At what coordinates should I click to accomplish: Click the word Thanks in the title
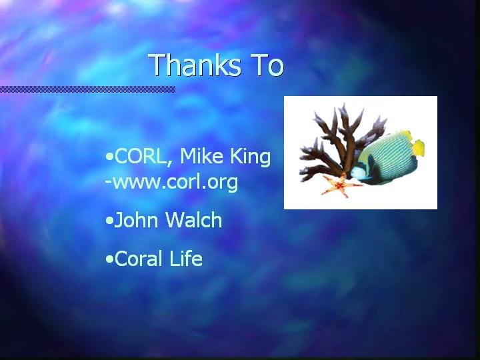click(195, 65)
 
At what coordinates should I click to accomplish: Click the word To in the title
click(268, 65)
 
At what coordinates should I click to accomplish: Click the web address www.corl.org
click(175, 183)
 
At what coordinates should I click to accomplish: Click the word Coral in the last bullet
click(138, 259)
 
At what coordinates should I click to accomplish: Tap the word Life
click(186, 258)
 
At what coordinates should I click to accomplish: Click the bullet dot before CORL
click(109, 157)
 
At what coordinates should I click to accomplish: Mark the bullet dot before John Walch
click(109, 221)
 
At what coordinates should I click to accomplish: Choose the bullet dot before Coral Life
click(109, 259)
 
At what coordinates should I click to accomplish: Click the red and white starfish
click(341, 185)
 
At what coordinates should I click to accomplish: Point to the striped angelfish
click(387, 158)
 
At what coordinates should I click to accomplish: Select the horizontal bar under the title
click(87, 89)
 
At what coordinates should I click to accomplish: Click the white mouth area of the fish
click(357, 173)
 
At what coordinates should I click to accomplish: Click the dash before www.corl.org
click(108, 182)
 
